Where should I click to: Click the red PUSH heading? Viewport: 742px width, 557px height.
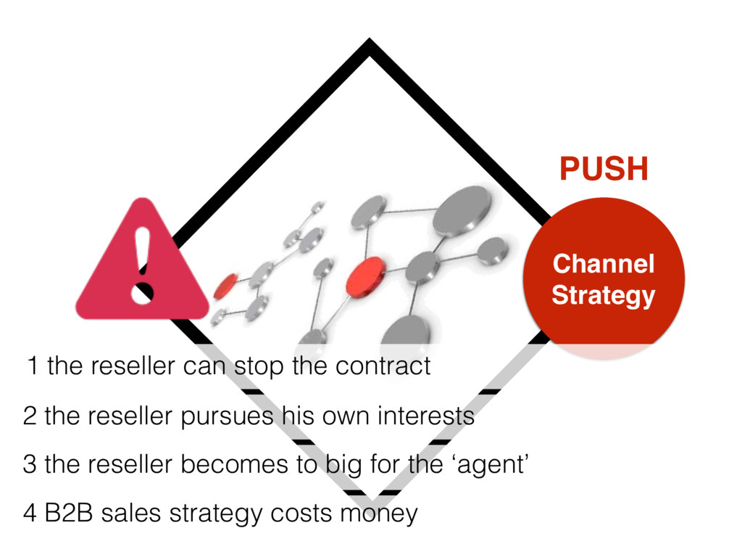point(604,170)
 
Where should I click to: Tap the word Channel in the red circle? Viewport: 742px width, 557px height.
point(603,264)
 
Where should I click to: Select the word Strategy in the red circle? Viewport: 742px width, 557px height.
point(603,295)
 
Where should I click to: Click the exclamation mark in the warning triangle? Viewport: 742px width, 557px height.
point(142,265)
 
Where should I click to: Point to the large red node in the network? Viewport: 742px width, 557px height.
point(365,276)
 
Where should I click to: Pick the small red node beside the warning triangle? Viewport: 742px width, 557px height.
point(225,286)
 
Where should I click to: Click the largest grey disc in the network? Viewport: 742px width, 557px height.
point(462,210)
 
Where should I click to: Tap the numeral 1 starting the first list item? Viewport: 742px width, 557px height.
point(31,366)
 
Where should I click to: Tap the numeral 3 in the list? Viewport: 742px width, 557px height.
point(29,464)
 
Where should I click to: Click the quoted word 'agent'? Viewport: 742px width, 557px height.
point(491,465)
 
